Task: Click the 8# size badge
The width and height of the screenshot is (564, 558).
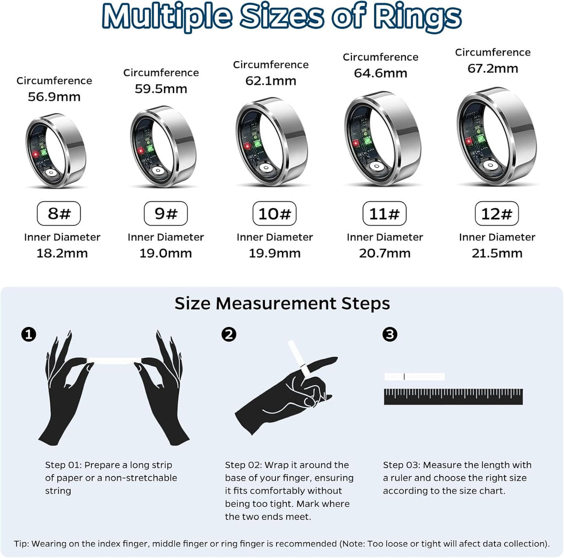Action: (59, 213)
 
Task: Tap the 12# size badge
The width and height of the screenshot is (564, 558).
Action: (497, 213)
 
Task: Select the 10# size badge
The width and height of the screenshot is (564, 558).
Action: (274, 213)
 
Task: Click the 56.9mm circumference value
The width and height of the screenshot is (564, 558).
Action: (54, 97)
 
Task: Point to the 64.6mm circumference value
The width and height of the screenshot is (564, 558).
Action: (381, 73)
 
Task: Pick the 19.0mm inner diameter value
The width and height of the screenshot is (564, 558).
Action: (166, 254)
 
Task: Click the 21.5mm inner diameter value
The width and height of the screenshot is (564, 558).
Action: (497, 254)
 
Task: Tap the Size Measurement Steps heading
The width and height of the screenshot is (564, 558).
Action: (282, 303)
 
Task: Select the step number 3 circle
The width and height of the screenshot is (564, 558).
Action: (389, 334)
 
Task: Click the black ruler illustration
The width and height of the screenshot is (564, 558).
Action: (453, 396)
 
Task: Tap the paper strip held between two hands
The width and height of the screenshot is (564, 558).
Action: (115, 361)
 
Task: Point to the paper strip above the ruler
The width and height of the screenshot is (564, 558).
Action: (414, 377)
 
